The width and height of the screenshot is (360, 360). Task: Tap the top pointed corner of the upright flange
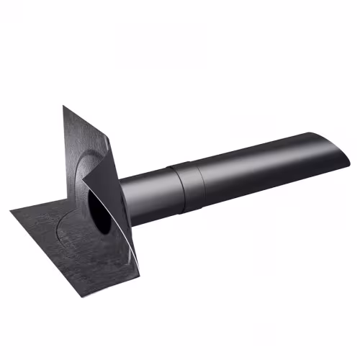[63, 107]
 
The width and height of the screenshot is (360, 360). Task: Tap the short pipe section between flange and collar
[148, 191]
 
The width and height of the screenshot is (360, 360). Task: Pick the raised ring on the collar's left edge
[171, 186]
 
